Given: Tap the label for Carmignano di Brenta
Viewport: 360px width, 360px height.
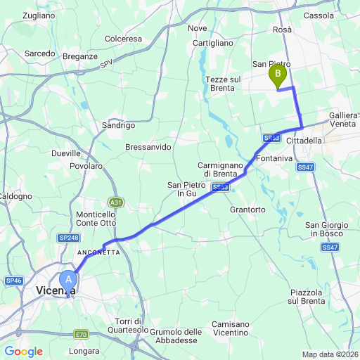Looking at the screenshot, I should pyautogui.click(x=220, y=169).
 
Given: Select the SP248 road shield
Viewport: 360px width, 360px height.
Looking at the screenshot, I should pyautogui.click(x=69, y=238).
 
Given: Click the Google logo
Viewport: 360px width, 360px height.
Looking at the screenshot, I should pyautogui.click(x=22, y=352).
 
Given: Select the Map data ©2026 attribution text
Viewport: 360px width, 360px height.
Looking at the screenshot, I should pyautogui.click(x=330, y=354).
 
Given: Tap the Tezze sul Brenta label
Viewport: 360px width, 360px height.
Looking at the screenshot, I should pyautogui.click(x=224, y=84).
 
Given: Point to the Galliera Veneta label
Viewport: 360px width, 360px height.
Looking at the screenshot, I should pyautogui.click(x=344, y=119).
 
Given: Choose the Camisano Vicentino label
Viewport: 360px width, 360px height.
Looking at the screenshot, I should pyautogui.click(x=229, y=328).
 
